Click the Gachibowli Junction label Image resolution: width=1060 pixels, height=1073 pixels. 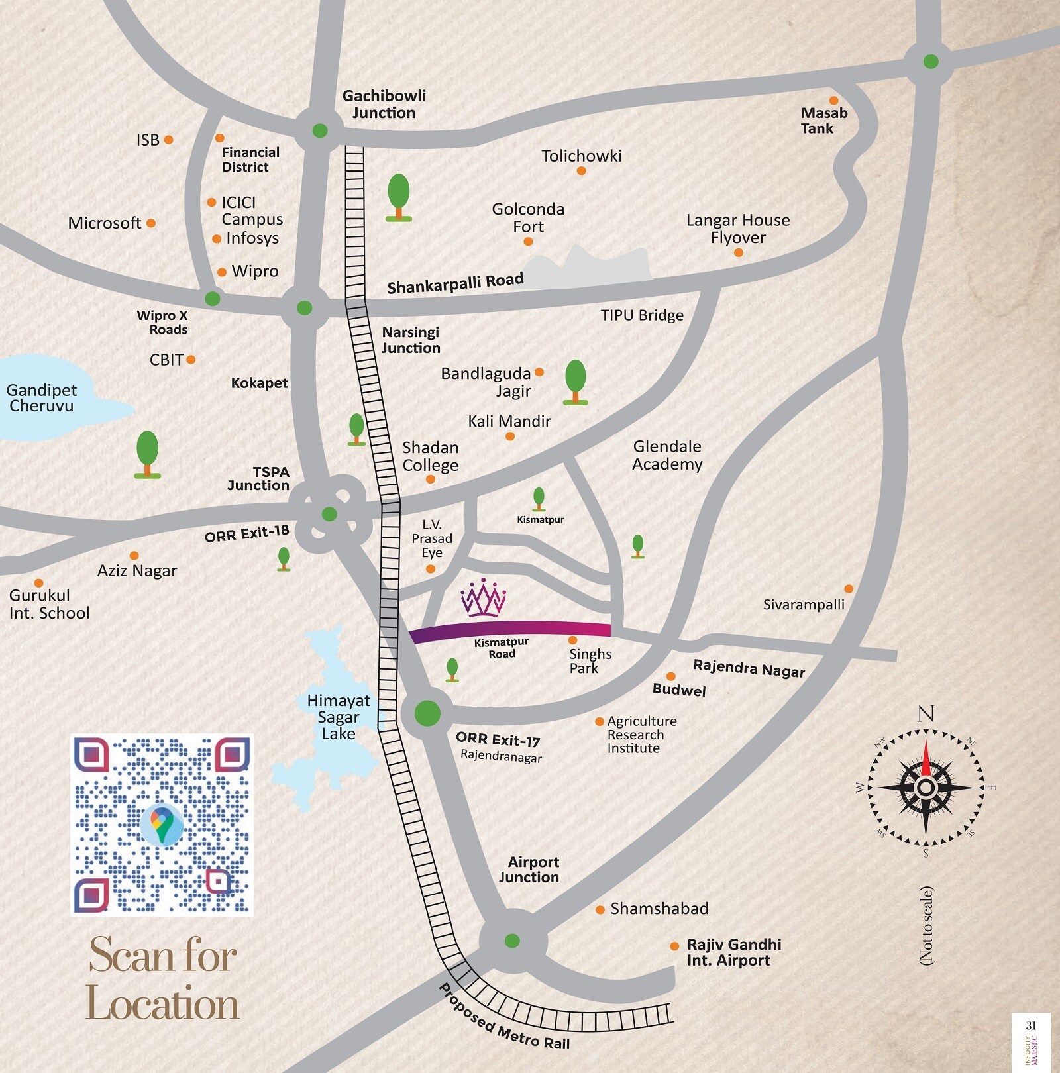click(384, 104)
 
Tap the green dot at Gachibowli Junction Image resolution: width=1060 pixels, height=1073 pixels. click(319, 130)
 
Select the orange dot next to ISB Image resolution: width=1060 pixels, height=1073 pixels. click(169, 140)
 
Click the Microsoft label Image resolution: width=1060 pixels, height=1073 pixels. click(105, 223)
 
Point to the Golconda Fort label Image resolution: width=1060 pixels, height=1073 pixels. click(528, 217)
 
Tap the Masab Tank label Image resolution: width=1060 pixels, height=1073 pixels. click(823, 121)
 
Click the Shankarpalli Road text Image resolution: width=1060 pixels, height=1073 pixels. click(455, 283)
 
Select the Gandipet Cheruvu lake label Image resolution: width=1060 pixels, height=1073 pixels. click(42, 398)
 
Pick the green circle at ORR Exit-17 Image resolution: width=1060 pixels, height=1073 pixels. click(427, 713)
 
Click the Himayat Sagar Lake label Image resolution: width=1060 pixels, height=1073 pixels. click(339, 717)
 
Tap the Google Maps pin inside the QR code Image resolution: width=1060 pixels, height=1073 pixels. click(162, 823)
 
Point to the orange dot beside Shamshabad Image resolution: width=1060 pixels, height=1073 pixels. click(600, 910)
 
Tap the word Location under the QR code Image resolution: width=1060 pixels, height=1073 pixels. click(162, 1004)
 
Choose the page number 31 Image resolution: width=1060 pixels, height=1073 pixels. click(1030, 1025)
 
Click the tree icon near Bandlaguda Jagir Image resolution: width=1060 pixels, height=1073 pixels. click(575, 382)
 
